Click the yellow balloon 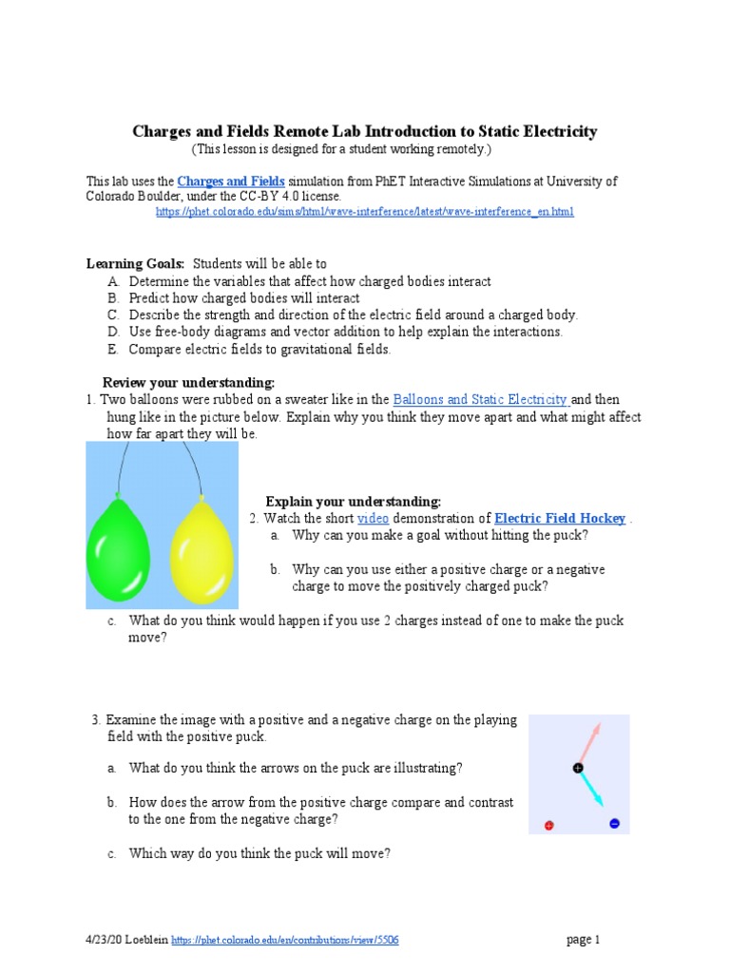[x=201, y=550]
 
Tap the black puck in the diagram [x=578, y=767]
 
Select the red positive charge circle [x=549, y=825]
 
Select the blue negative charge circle [x=614, y=824]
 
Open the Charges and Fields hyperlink [x=231, y=181]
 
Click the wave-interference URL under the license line [x=364, y=212]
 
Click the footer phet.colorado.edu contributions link [x=284, y=941]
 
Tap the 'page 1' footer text [x=584, y=940]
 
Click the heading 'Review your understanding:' [x=188, y=383]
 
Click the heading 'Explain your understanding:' [x=353, y=501]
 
